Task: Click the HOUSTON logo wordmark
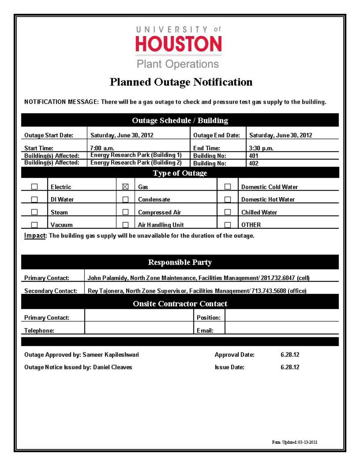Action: [x=179, y=44]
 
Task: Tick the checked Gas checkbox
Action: [x=125, y=187]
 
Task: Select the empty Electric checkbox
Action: [x=34, y=187]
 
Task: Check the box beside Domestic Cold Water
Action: [x=228, y=187]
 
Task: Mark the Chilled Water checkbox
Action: [x=228, y=212]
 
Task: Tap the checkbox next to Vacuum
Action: [x=34, y=225]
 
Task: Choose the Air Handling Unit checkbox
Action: [x=125, y=225]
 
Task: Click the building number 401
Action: [x=254, y=156]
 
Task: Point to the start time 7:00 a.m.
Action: [x=102, y=148]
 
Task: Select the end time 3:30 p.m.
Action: [x=261, y=148]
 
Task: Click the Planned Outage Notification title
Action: [x=181, y=82]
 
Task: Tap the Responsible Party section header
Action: [x=180, y=262]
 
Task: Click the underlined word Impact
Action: [x=35, y=235]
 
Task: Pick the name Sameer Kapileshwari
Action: [x=110, y=355]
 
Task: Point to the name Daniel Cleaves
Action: [x=112, y=367]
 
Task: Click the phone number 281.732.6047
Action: [x=278, y=278]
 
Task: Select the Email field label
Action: [x=205, y=331]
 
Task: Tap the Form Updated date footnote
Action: [x=294, y=442]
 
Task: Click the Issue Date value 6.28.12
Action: [x=290, y=367]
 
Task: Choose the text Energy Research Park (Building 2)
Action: [x=136, y=163]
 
